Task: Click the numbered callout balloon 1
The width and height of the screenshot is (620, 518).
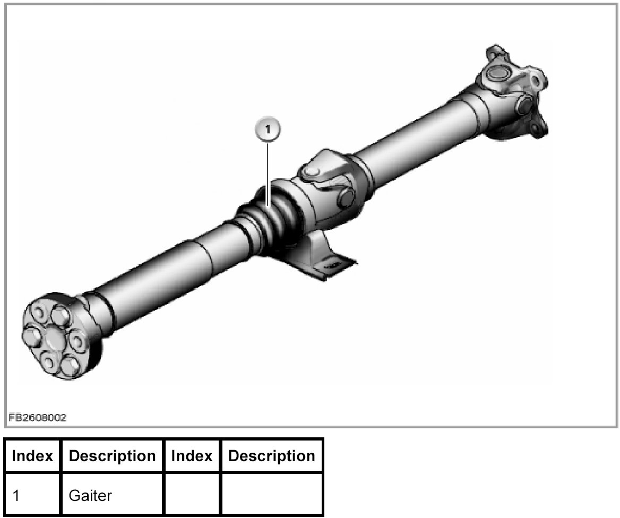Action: [x=269, y=129]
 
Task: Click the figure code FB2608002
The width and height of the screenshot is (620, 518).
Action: [x=37, y=418]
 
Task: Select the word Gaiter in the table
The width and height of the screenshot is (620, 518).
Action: [x=90, y=496]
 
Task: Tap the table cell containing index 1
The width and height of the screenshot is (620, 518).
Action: [x=32, y=496]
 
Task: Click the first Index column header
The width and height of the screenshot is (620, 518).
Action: [x=32, y=456]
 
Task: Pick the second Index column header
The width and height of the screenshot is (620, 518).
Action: [x=192, y=456]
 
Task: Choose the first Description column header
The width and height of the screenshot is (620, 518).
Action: [x=113, y=456]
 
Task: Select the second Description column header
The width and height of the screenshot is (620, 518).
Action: [x=272, y=456]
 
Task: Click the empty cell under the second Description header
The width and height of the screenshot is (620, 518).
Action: [x=272, y=496]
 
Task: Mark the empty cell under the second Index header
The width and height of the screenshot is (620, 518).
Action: [x=192, y=496]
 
